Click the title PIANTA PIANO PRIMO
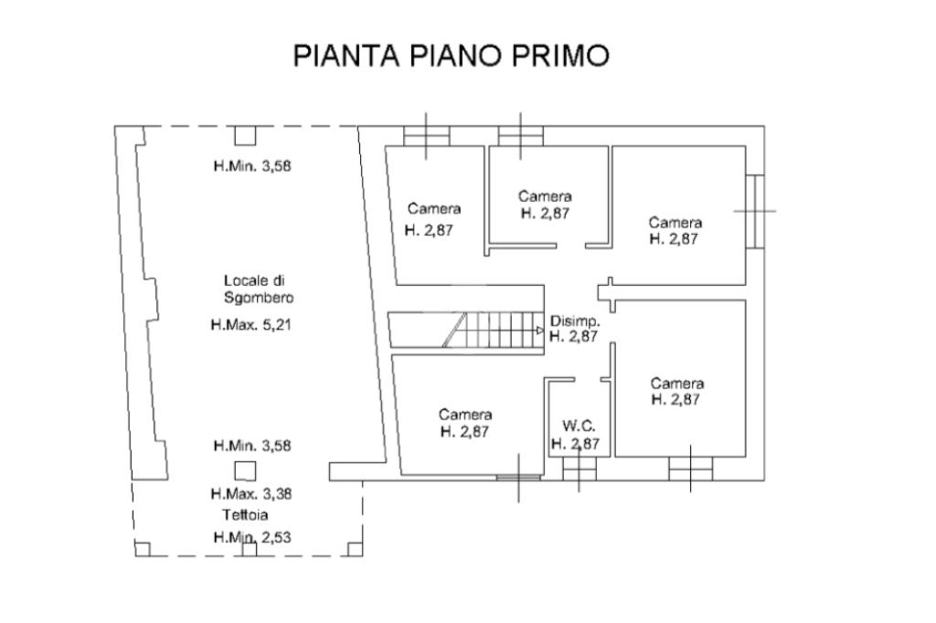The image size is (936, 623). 451,56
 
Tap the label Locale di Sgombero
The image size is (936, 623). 259,289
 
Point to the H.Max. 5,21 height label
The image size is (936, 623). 250,324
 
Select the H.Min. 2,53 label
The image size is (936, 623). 251,537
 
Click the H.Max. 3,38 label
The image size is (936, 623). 251,494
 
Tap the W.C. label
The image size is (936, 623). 580,425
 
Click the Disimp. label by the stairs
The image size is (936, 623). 575,321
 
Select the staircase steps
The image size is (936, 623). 494,330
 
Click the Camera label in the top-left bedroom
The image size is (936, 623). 434,208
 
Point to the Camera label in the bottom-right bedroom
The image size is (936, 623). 677,384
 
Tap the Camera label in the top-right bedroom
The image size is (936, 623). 675,222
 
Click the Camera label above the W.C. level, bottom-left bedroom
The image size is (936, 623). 465,415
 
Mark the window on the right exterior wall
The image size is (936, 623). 755,211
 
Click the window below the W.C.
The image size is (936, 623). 578,468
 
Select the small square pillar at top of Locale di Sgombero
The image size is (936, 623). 244,135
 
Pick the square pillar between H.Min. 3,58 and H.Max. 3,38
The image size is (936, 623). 245,470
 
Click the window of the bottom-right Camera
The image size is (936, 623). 690,468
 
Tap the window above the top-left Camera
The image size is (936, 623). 427,135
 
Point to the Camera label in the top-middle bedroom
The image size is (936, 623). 545,196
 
